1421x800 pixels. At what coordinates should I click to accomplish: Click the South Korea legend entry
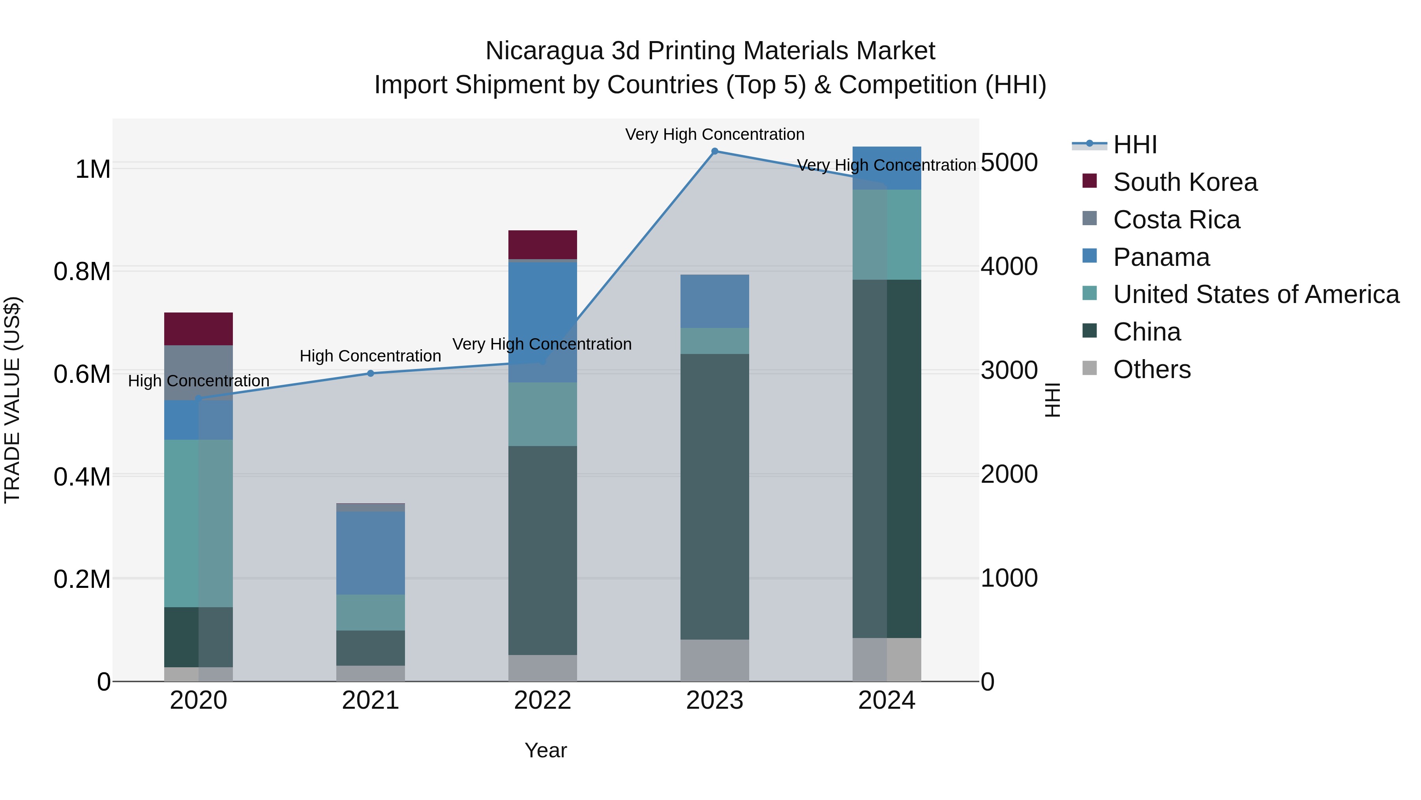pos(1185,182)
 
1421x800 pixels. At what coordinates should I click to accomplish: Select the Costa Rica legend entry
pos(1176,220)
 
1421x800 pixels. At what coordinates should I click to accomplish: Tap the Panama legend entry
pos(1161,257)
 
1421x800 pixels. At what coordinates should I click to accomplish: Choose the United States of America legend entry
pos(1256,294)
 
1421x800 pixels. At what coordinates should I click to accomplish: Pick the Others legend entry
pos(1152,369)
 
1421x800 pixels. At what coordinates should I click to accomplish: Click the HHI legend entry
pos(1135,145)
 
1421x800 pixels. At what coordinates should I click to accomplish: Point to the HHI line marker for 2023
pos(714,151)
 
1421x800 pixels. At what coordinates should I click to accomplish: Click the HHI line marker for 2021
pos(371,374)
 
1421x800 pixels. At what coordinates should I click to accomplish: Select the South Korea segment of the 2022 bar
pos(542,245)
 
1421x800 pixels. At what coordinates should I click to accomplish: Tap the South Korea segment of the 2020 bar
pos(199,329)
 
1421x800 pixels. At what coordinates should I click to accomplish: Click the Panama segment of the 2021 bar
pos(371,553)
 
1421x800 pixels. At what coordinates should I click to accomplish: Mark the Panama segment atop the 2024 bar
pos(887,168)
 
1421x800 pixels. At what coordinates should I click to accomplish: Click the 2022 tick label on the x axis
pos(542,700)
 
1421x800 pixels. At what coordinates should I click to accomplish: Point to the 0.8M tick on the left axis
pos(82,272)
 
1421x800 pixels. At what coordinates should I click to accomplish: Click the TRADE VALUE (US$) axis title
pos(12,400)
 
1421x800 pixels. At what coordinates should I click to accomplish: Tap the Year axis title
pos(546,750)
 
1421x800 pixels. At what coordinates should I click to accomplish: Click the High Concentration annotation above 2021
pos(370,356)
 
